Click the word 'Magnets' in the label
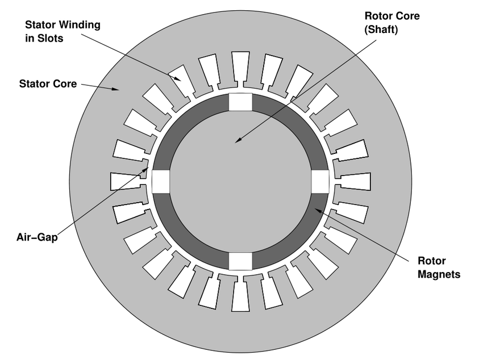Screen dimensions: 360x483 [439, 275]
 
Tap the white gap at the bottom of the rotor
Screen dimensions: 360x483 [240, 261]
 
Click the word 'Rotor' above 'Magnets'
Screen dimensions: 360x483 [431, 262]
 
